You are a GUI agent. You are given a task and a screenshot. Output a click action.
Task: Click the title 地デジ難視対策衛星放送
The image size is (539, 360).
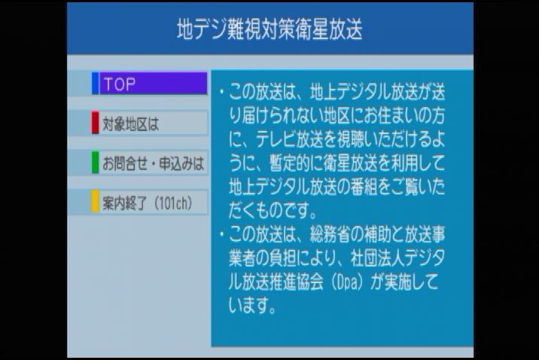click(x=269, y=29)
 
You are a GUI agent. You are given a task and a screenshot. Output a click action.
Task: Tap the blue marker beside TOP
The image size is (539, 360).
click(x=95, y=84)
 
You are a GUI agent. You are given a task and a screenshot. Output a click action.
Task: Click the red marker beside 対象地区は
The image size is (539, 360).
click(x=95, y=124)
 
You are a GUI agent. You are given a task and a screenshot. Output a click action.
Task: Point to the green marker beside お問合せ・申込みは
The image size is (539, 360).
click(x=95, y=163)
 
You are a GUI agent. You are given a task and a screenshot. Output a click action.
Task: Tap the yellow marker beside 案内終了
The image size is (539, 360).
click(x=95, y=203)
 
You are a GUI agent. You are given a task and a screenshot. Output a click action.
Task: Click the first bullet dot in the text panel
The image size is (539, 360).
click(x=221, y=93)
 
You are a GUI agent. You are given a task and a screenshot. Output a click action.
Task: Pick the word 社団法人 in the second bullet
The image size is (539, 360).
click(x=378, y=258)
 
